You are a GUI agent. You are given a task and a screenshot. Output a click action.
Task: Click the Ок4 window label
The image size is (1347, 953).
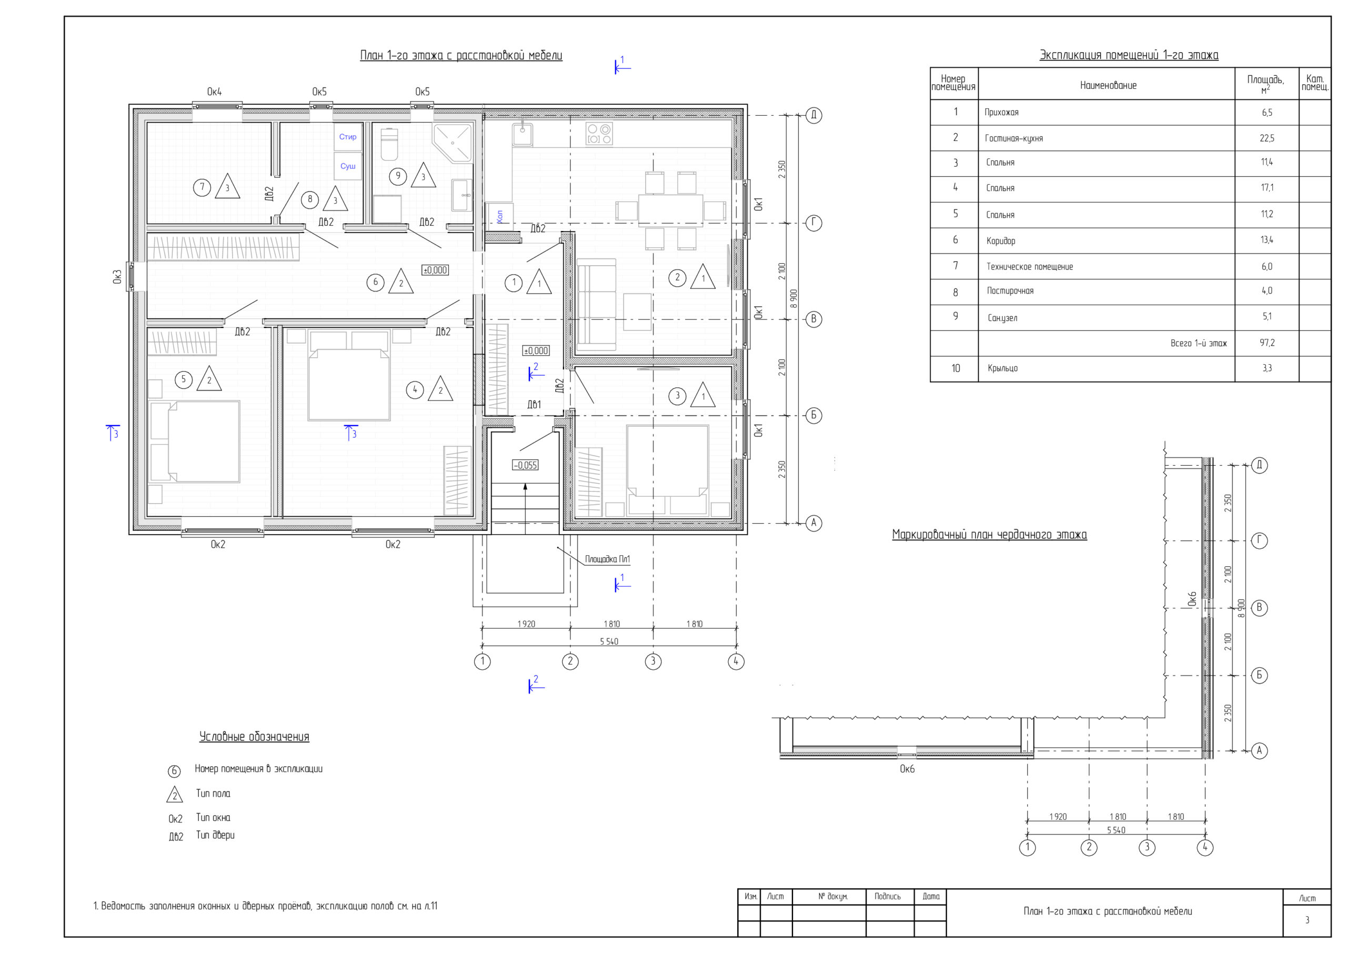tap(214, 92)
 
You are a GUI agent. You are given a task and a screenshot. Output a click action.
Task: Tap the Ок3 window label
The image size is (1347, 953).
tap(117, 277)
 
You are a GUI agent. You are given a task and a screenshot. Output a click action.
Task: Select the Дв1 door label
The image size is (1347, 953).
tap(534, 404)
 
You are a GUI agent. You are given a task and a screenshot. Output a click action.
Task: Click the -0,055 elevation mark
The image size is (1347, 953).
tap(525, 465)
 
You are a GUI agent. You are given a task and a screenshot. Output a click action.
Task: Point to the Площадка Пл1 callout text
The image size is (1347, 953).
tap(607, 559)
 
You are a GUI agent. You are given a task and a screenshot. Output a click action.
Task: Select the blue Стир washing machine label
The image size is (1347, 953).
tap(348, 137)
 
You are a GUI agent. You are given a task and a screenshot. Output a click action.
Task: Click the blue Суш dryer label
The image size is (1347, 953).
tap(348, 166)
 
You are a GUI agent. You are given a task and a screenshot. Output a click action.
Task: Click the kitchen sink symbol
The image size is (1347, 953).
tap(522, 134)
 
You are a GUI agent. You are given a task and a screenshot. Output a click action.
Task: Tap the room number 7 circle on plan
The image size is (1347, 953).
tap(202, 188)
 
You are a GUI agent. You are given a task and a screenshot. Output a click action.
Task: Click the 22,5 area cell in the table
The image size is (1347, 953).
tap(1267, 138)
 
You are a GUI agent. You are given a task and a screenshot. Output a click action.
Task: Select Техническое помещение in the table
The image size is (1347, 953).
tap(1030, 266)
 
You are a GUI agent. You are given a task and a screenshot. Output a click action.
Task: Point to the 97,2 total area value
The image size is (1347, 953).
tap(1267, 342)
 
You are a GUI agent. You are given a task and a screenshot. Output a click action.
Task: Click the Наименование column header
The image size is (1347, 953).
tap(1108, 85)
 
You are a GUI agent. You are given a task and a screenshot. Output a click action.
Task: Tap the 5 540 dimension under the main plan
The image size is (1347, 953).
tap(609, 641)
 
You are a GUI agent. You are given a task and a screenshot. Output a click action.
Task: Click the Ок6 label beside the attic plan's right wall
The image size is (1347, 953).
tap(1192, 598)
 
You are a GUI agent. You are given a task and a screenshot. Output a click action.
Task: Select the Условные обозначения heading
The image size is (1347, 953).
tap(254, 737)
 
